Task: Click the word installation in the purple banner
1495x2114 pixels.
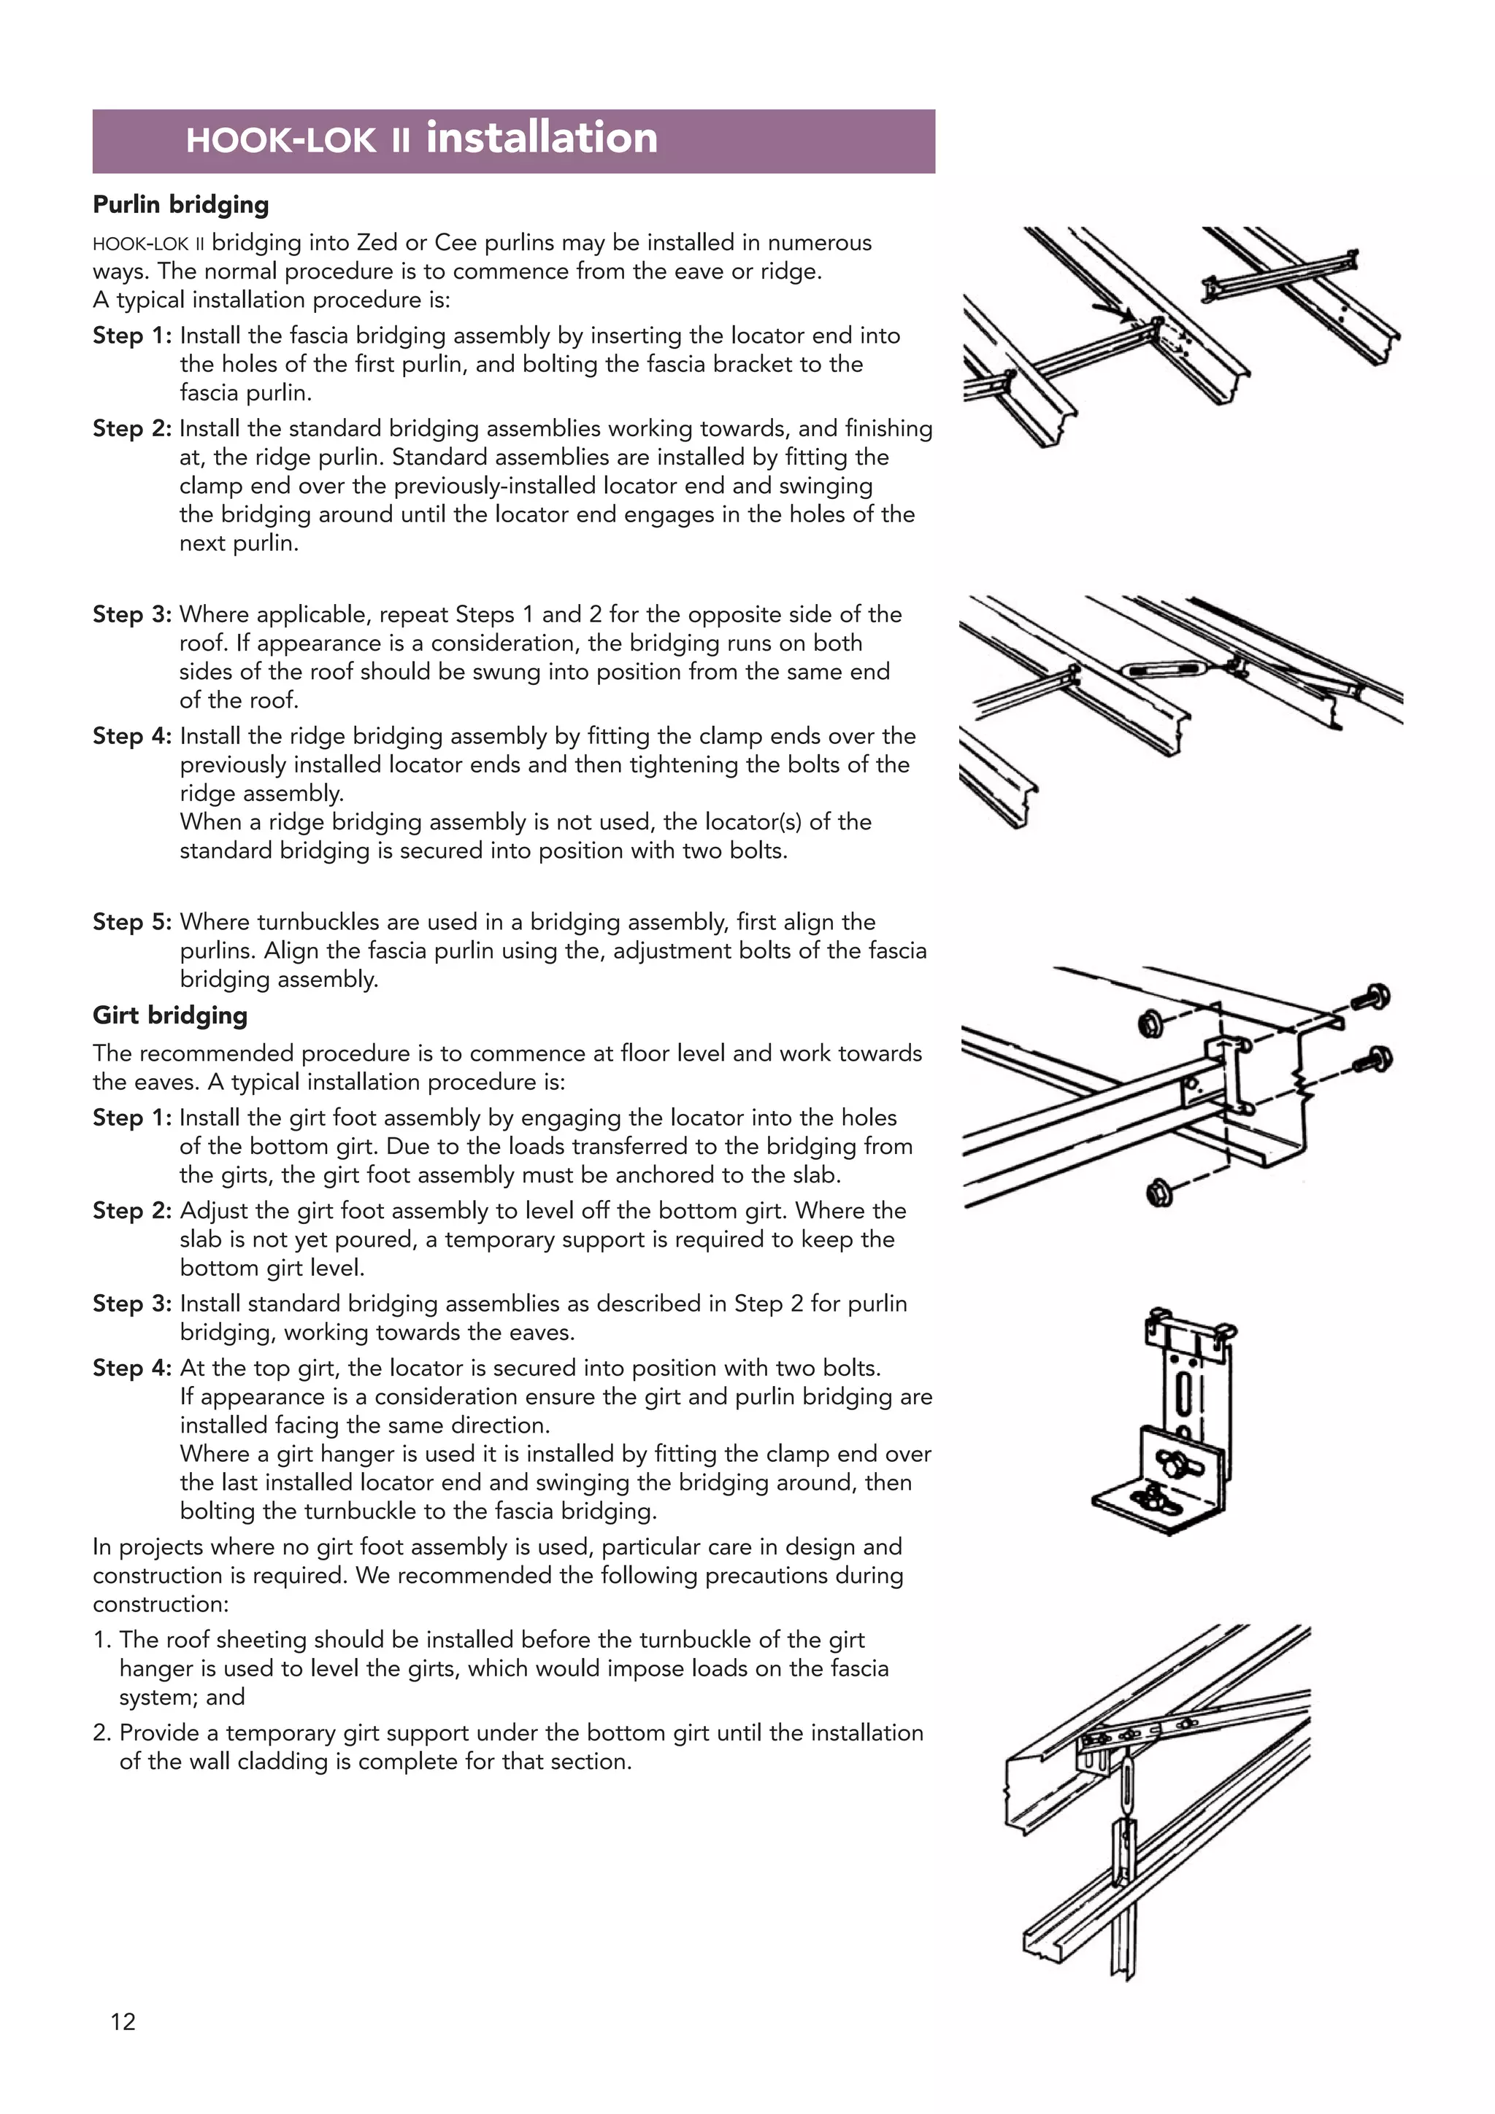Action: coord(542,138)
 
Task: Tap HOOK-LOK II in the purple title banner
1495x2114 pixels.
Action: coord(298,141)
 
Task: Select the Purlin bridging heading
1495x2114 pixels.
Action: coord(180,204)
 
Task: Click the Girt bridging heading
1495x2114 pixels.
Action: coord(169,1015)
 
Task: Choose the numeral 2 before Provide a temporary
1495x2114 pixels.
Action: coord(101,1732)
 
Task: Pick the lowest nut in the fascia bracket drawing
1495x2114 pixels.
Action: coord(1158,1194)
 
